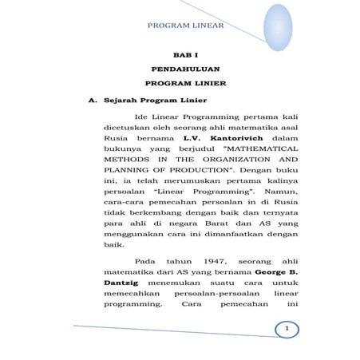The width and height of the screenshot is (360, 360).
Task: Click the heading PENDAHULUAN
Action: [186, 69]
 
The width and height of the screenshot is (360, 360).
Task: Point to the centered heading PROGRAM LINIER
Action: [186, 83]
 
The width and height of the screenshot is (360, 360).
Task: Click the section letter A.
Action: [93, 101]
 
